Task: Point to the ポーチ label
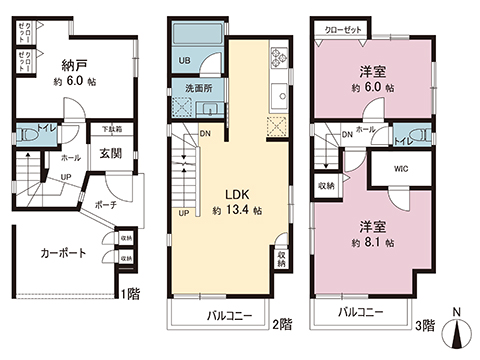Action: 107,205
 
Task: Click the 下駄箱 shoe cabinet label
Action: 111,130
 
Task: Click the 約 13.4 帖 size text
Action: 238,211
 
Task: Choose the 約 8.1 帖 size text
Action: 371,243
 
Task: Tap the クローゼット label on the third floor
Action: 344,29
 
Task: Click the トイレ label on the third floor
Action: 405,140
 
